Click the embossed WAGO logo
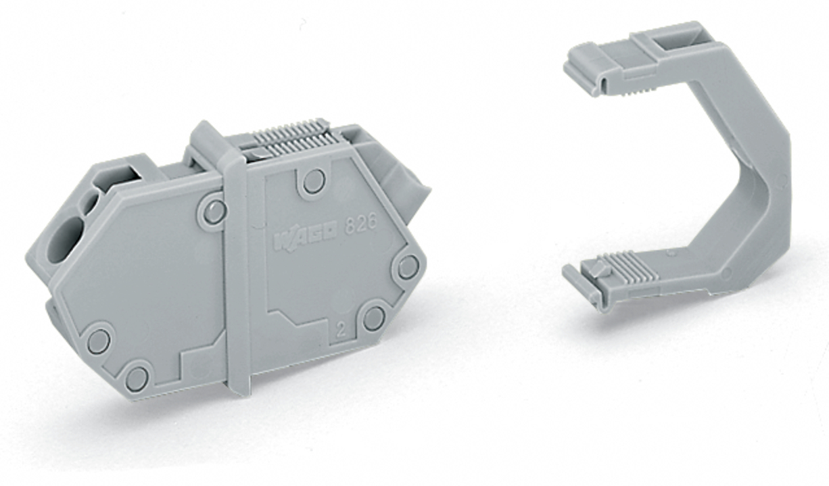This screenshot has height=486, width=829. click(306, 238)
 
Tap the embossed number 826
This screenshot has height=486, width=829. click(360, 224)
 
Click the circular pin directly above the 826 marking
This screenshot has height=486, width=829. click(314, 182)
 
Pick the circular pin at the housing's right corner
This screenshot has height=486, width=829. click(407, 267)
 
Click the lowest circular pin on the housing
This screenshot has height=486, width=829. click(137, 378)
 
